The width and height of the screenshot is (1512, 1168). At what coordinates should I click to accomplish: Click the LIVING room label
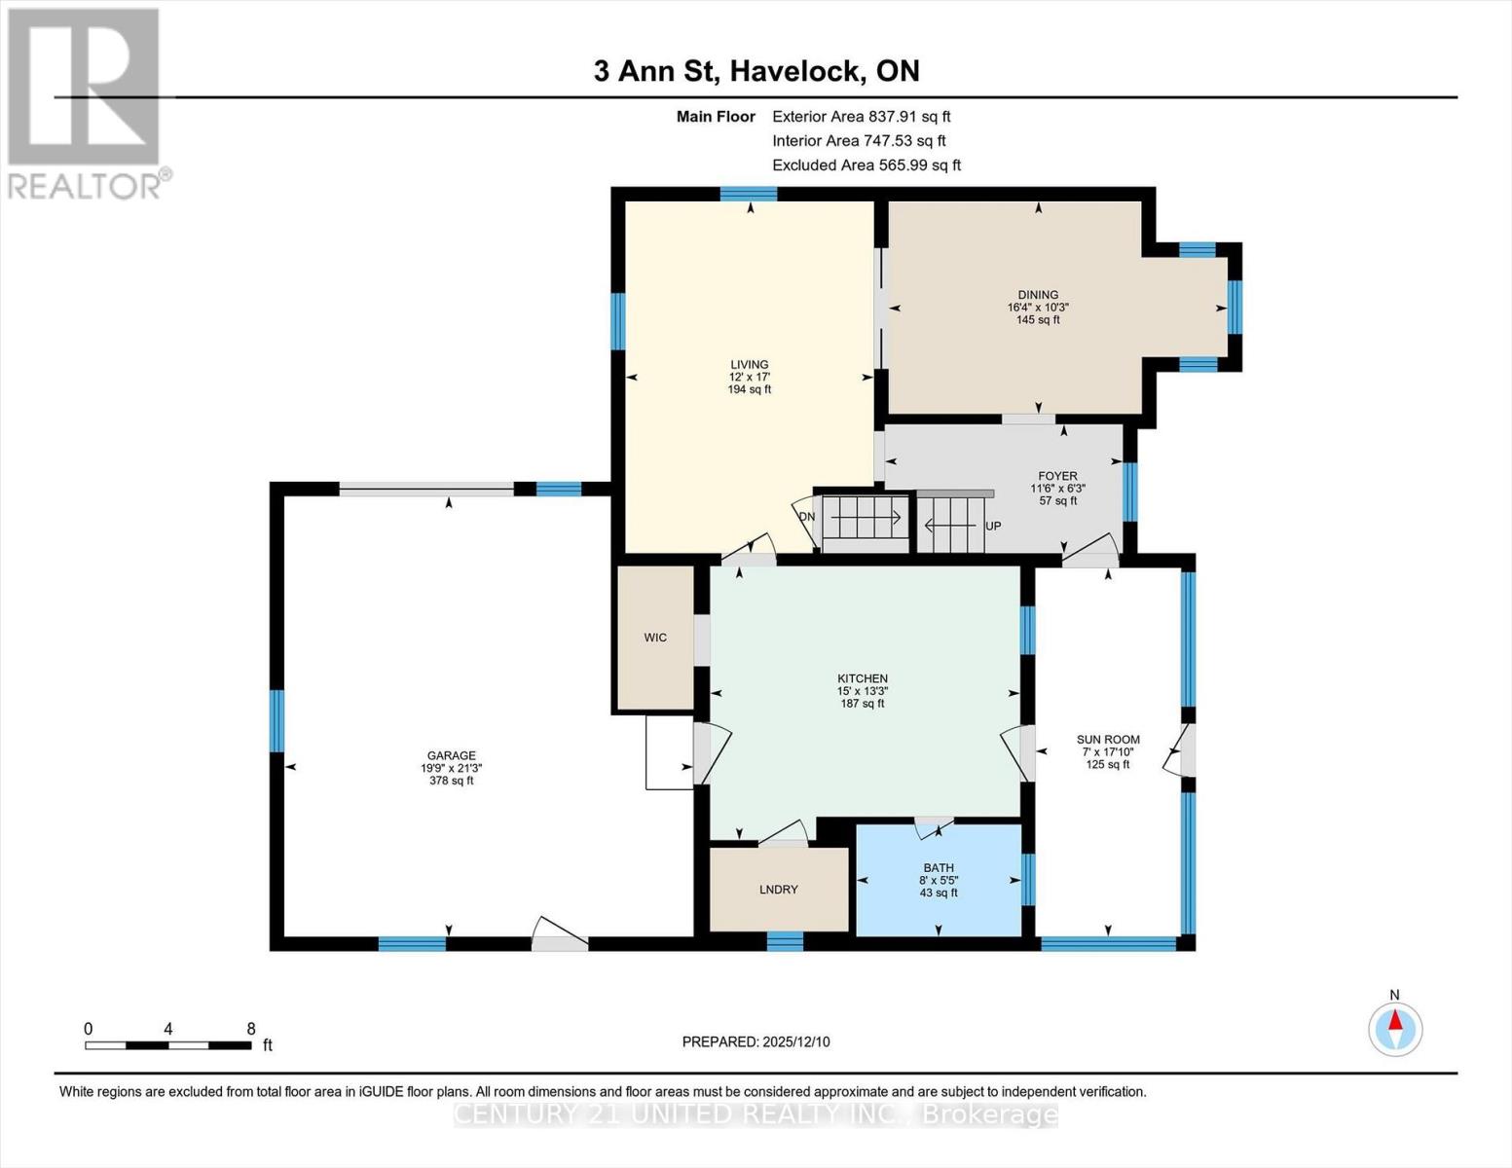coord(749,365)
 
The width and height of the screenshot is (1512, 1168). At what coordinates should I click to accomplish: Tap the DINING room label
coord(1038,295)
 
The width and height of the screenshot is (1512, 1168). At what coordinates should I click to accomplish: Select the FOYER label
coord(1057,477)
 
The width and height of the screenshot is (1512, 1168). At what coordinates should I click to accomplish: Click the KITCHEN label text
coord(863,678)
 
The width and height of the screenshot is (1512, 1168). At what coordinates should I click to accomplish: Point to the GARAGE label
coord(451,755)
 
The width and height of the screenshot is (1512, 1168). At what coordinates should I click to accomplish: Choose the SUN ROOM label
coord(1108,740)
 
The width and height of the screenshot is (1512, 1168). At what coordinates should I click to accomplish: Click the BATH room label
coord(939,868)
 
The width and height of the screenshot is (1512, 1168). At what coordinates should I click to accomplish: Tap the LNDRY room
coord(778,890)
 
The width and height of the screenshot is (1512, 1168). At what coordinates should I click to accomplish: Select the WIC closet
coord(655,638)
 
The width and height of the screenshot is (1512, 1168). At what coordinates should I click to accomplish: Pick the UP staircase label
coord(993,526)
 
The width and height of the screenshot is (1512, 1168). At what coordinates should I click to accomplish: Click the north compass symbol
coord(1395,1028)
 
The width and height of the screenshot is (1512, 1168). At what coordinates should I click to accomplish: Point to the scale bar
coord(167,1045)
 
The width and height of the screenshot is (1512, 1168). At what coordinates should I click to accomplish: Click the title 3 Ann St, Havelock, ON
coord(756,71)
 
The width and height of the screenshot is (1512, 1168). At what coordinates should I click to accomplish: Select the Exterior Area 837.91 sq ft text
coord(861,116)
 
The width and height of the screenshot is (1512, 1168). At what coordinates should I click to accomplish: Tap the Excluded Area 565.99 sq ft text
coord(867,165)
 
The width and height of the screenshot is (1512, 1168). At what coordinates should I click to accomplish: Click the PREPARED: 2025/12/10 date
coord(756,1041)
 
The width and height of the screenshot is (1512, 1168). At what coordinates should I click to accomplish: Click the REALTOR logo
coord(85,102)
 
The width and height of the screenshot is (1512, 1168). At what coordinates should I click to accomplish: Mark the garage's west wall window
coord(277,720)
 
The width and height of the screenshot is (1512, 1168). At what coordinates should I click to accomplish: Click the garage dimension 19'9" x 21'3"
coord(451,768)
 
